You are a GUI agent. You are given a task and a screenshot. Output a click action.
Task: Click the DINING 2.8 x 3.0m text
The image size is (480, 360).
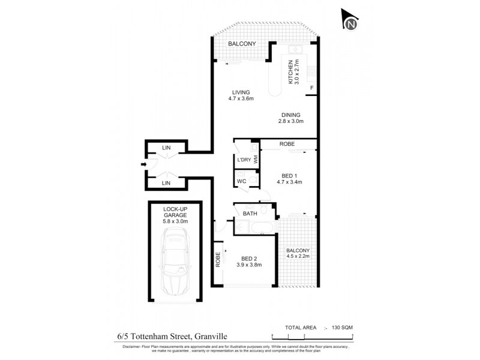290,118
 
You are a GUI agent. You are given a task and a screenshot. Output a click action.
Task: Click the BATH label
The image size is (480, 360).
250,214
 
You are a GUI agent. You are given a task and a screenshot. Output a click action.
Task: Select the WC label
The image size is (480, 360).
242,181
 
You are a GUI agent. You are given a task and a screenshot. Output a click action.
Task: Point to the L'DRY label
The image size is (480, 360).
244,160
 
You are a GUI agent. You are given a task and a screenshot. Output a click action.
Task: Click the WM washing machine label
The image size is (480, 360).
256,160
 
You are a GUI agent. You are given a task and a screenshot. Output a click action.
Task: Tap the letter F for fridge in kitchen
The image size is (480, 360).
311,89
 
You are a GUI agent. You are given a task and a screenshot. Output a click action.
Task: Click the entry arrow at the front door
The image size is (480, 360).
143,164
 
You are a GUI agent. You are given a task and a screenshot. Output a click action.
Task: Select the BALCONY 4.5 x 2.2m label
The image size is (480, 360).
298,254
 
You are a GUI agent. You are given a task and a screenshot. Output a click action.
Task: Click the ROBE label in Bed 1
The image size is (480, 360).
286,145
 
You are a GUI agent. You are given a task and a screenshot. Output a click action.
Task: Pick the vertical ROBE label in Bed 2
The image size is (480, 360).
218,258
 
